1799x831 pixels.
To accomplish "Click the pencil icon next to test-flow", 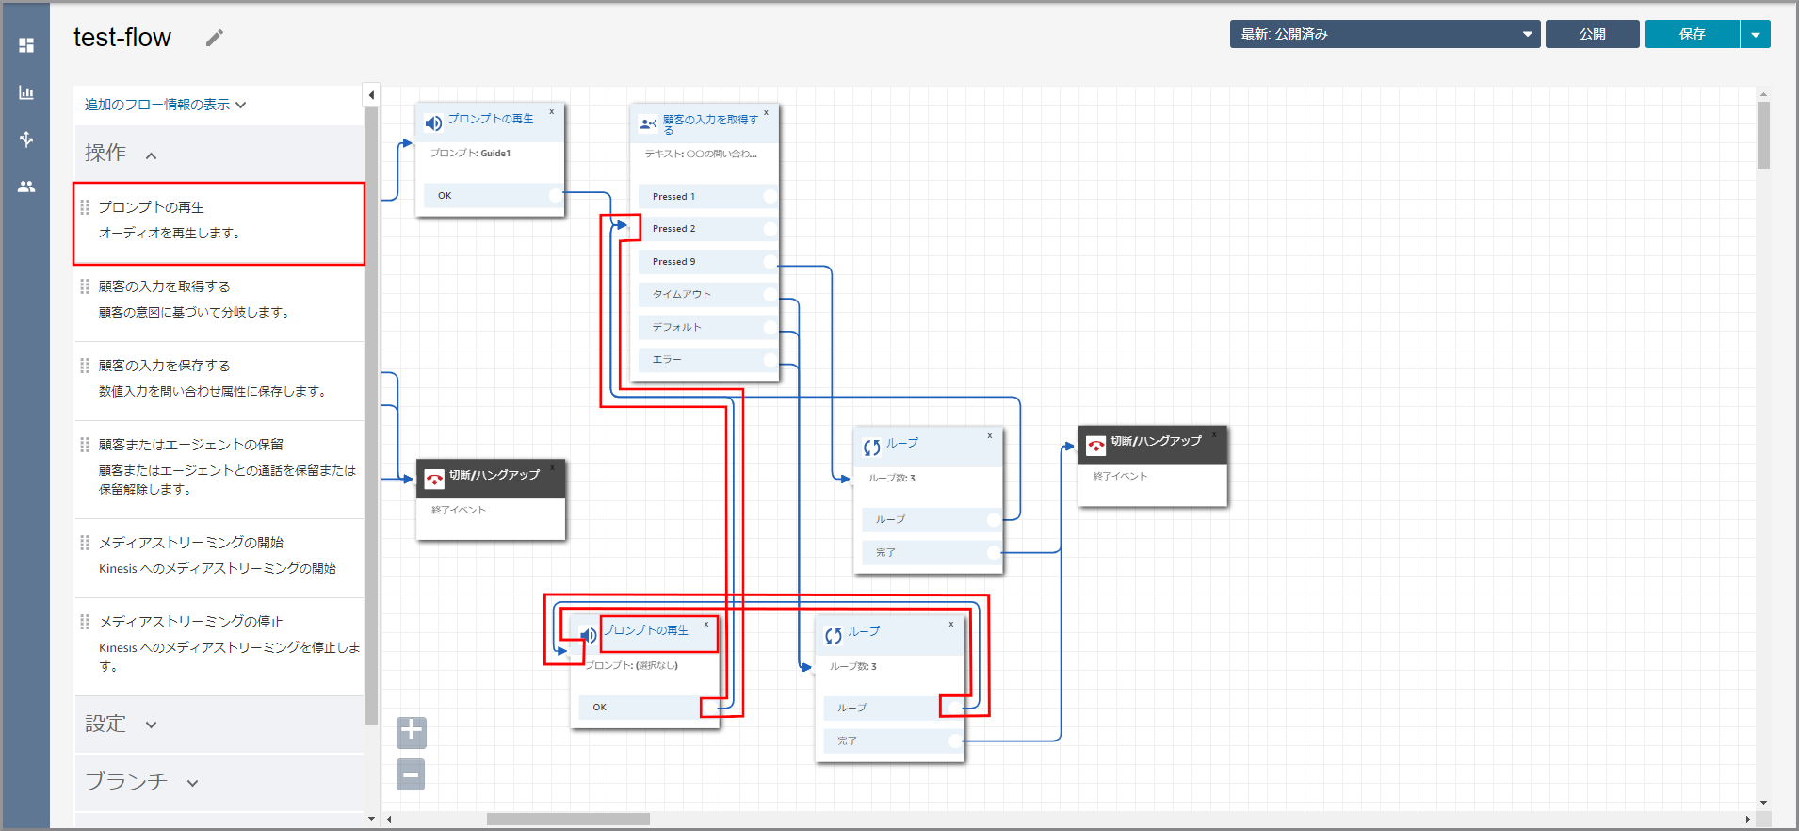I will click(215, 38).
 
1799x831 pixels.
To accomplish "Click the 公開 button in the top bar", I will click(1592, 34).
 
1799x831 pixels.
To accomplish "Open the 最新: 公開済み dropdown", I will click(1384, 34).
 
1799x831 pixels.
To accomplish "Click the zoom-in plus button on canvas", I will click(412, 732).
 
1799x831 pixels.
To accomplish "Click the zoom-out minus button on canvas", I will click(411, 775).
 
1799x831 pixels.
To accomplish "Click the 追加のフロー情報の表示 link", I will click(165, 105).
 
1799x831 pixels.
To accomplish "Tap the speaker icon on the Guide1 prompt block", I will click(433, 123).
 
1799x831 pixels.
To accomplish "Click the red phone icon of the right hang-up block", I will click(1095, 446).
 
